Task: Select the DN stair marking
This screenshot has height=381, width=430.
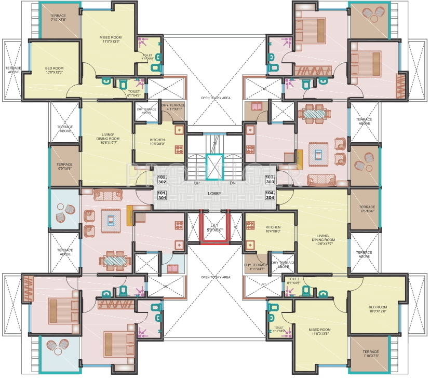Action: coord(232,183)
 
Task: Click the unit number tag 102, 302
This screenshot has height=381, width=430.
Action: coord(162,180)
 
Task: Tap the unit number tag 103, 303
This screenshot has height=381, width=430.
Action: coord(269,180)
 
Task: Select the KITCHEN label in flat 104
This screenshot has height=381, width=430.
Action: coord(273,229)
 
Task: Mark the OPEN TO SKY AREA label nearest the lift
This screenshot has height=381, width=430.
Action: coord(216,277)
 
